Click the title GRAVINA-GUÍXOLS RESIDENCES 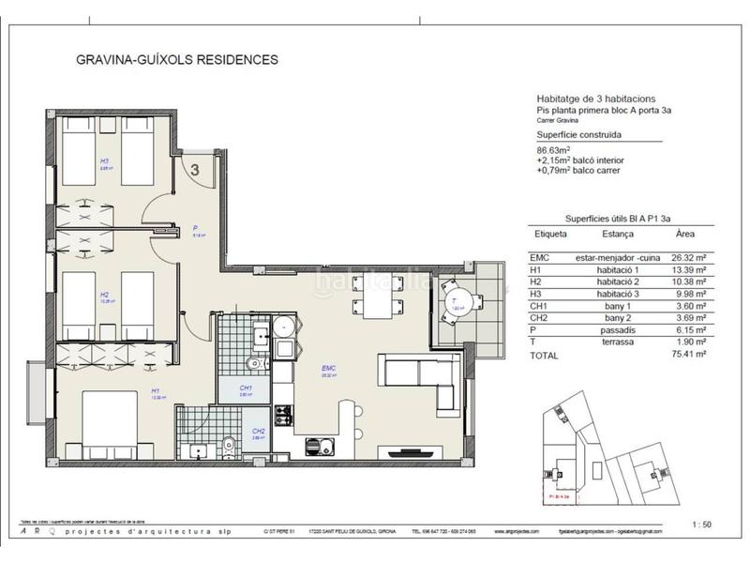tap(177, 60)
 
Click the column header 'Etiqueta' tap(550, 235)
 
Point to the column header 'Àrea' tap(686, 235)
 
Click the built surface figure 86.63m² tap(554, 150)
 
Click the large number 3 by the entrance tap(194, 170)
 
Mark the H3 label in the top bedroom tap(104, 161)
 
